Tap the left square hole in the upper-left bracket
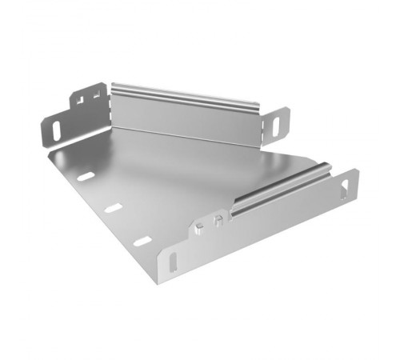[81, 99]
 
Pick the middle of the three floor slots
[113, 208]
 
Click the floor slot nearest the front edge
[142, 241]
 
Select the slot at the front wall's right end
[346, 190]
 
